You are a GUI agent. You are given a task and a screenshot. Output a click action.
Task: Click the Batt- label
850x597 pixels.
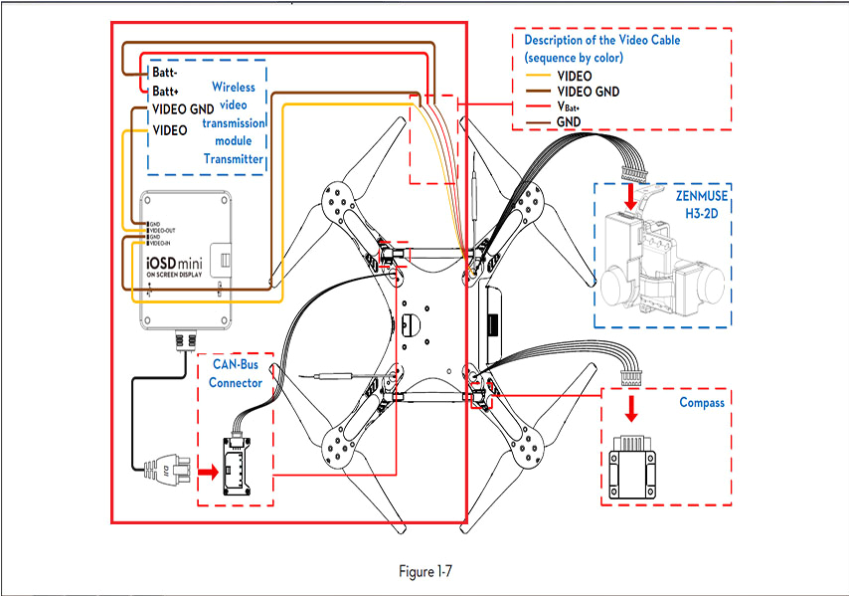point(165,73)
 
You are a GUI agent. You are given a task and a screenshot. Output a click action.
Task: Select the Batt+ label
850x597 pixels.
point(165,91)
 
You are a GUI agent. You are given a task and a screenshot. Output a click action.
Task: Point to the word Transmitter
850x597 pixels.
point(234,158)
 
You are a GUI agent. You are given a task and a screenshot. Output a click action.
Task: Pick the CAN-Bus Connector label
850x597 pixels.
point(237,373)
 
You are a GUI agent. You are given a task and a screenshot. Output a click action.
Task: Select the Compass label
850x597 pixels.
point(701,403)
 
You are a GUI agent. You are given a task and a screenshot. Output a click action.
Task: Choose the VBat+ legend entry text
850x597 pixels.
point(573,106)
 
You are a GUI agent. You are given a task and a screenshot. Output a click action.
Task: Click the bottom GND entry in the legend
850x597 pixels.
point(569,121)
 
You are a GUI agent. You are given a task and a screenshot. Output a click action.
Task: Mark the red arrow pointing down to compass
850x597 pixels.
point(630,409)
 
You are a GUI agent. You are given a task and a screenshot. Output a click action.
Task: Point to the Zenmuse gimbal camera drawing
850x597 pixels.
point(660,269)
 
